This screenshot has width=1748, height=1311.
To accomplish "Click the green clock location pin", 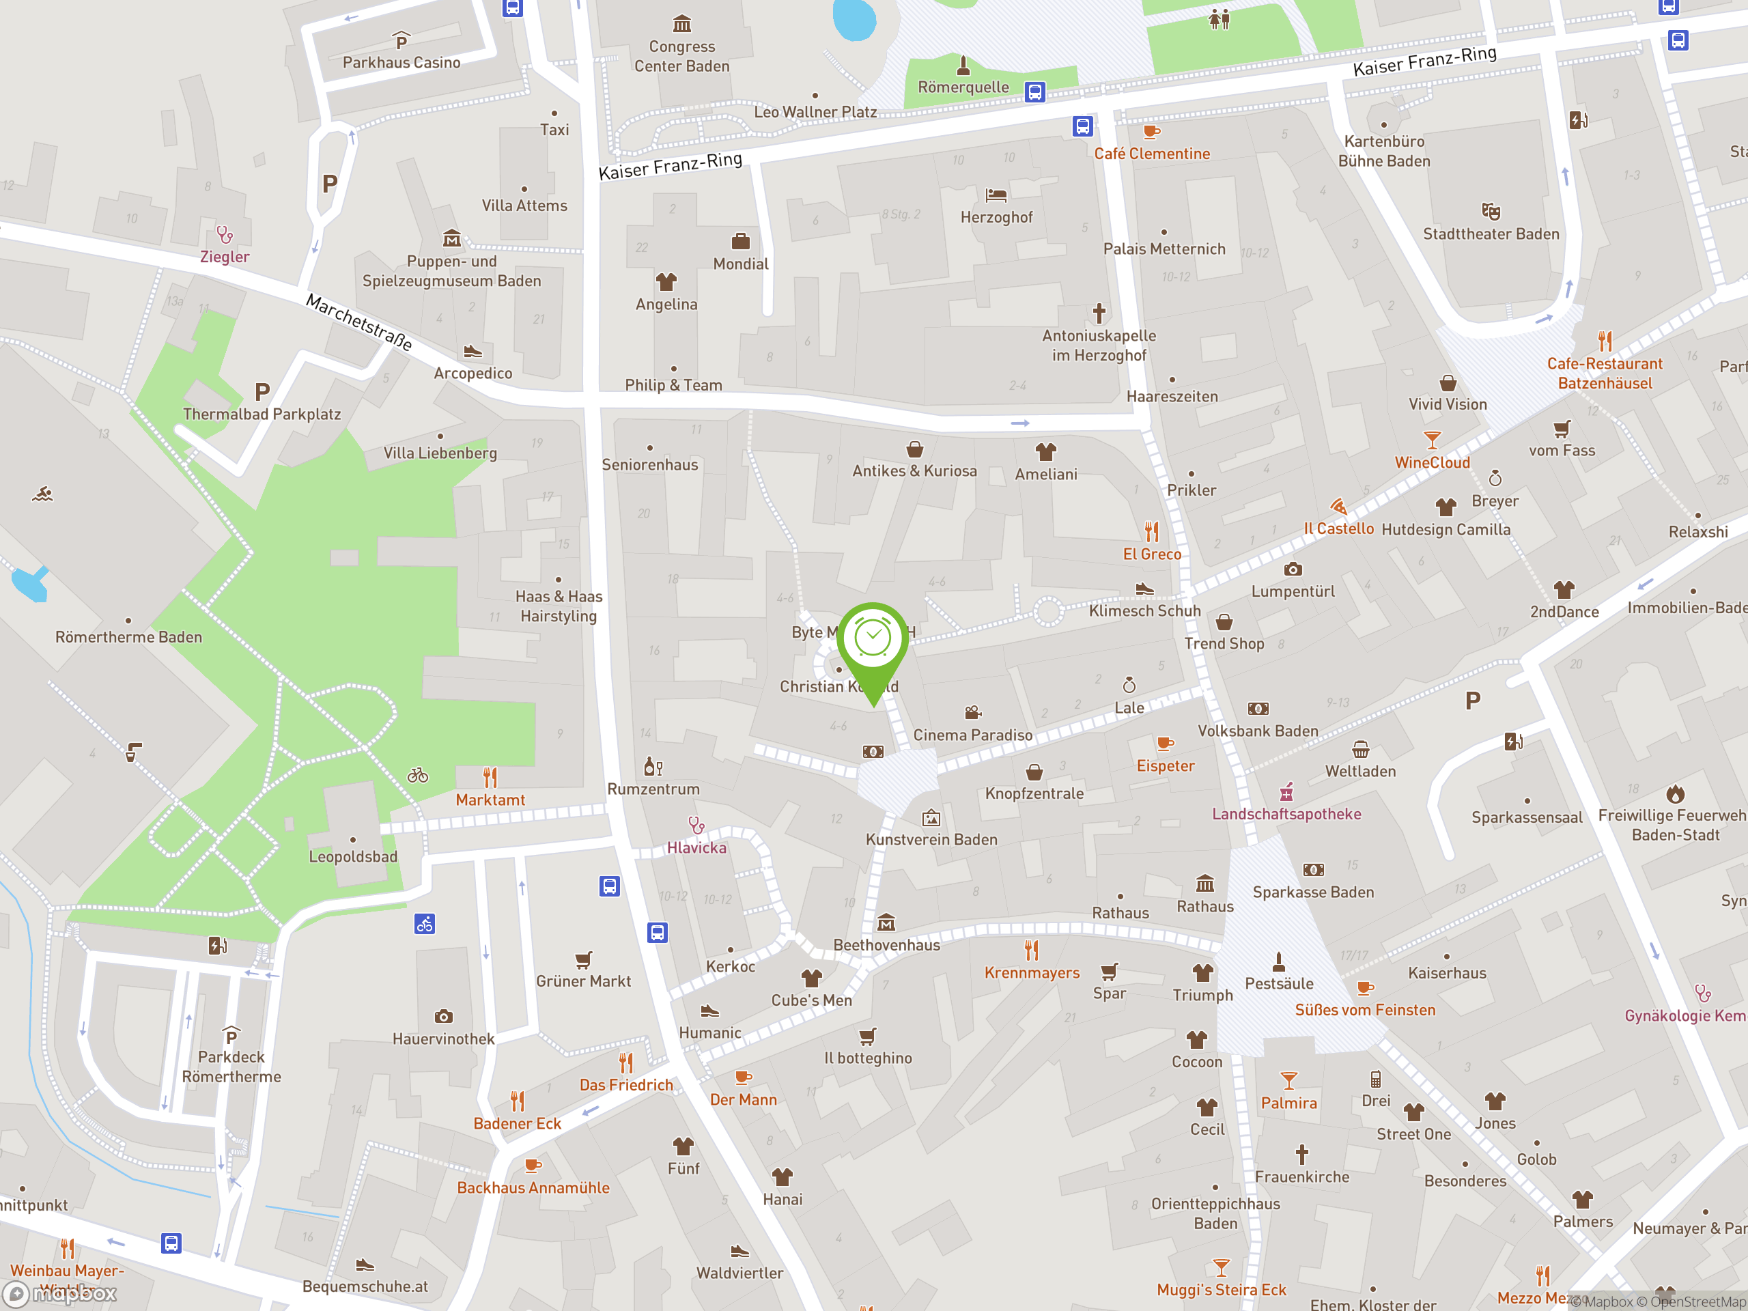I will point(873,640).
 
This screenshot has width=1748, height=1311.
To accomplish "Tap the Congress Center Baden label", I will point(681,56).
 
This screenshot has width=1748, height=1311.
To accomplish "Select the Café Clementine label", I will point(1151,154).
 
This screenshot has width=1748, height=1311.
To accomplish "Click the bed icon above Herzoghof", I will point(996,195).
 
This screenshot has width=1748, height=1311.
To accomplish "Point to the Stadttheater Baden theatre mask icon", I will point(1491,211).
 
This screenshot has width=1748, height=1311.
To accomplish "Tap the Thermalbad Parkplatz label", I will point(262,414).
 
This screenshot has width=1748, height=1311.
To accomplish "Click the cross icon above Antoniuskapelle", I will point(1099,313).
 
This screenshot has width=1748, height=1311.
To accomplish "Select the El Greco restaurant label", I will point(1151,554).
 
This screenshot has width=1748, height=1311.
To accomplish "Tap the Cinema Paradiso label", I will point(972,735).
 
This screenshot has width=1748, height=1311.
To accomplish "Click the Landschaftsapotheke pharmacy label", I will point(1286,814).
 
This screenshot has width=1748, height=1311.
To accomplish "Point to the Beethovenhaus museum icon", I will point(886,922).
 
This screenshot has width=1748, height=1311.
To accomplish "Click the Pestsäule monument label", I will point(1279,983).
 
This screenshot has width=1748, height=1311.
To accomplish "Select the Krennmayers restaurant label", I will point(1031,973).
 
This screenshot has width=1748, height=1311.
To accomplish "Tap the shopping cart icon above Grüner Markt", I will point(583,960).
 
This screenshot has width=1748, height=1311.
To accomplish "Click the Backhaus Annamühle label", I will point(533,1187).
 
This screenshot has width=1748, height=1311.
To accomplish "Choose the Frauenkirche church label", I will point(1301,1176).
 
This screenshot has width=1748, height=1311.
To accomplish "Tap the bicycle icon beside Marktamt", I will point(418,775).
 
